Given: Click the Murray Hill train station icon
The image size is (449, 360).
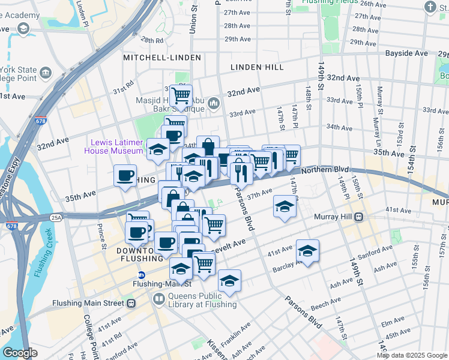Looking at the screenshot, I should click(x=359, y=217).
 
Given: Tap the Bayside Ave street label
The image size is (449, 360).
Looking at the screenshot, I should click(x=406, y=53).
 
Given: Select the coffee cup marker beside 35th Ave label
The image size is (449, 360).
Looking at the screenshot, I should click(x=125, y=176).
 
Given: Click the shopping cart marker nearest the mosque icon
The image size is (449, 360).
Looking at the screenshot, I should click(x=180, y=95).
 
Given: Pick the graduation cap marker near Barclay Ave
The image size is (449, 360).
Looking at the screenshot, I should click(x=307, y=251).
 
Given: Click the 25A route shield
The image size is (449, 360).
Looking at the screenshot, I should click(x=56, y=217).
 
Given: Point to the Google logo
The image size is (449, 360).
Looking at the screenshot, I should click(x=20, y=353).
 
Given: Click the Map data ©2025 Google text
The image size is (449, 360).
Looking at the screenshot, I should click(x=412, y=355).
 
